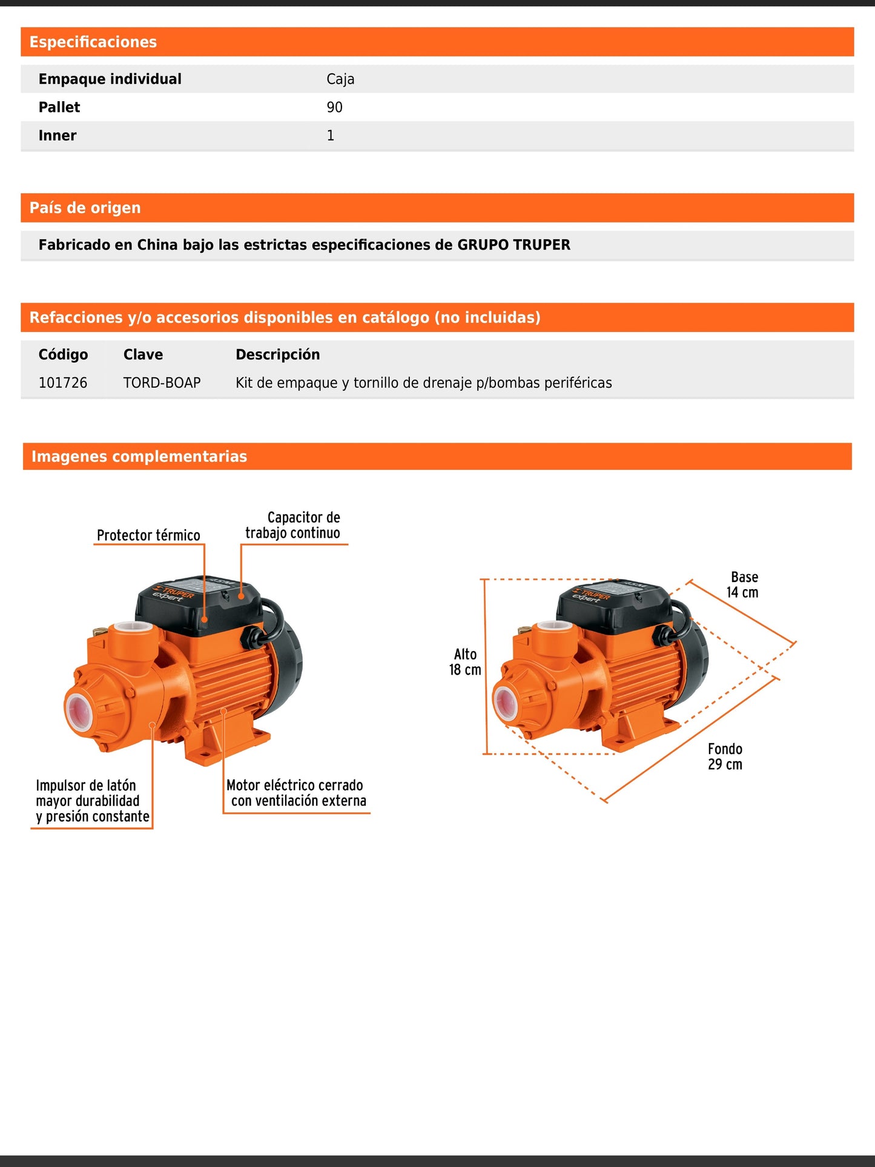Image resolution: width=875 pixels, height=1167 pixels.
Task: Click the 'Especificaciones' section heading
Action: [93, 42]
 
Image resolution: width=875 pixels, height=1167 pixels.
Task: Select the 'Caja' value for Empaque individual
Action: [340, 79]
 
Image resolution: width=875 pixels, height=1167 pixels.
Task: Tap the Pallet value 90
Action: [334, 107]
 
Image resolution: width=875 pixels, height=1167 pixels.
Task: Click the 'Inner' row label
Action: [58, 136]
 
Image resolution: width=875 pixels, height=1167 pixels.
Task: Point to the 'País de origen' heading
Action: [85, 208]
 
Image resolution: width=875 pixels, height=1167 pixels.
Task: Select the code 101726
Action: [63, 383]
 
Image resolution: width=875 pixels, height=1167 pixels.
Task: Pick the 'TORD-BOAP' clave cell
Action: [162, 383]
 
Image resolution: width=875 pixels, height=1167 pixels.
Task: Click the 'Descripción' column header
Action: [277, 355]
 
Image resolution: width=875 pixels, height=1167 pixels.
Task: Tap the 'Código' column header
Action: [63, 355]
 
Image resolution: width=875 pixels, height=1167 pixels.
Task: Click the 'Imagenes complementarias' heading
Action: [139, 457]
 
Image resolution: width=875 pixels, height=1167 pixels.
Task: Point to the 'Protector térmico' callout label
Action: [148, 535]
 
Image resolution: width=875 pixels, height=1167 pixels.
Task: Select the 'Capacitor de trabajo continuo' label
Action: [293, 525]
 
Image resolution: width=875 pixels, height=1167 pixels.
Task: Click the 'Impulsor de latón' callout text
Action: [86, 785]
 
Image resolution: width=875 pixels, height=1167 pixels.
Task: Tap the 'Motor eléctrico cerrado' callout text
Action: [295, 785]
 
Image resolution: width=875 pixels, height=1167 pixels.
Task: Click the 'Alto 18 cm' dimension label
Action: [465, 662]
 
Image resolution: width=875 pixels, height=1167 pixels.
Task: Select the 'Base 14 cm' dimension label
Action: [743, 585]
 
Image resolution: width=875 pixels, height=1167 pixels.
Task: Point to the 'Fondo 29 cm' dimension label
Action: [725, 757]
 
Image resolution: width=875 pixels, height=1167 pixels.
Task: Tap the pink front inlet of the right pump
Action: [506, 703]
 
